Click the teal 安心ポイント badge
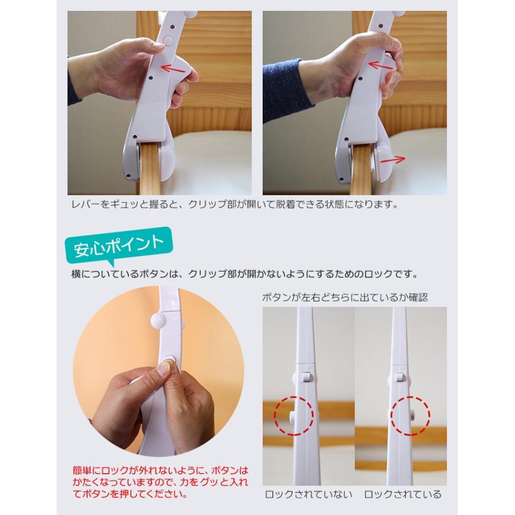118,245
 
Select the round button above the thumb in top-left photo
168,41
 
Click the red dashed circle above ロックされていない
294,416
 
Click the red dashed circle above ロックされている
410,416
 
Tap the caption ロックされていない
308,494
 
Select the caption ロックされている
403,494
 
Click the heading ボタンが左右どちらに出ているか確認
345,297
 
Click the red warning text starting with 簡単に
160,482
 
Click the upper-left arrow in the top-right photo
381,66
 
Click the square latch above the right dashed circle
399,377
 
